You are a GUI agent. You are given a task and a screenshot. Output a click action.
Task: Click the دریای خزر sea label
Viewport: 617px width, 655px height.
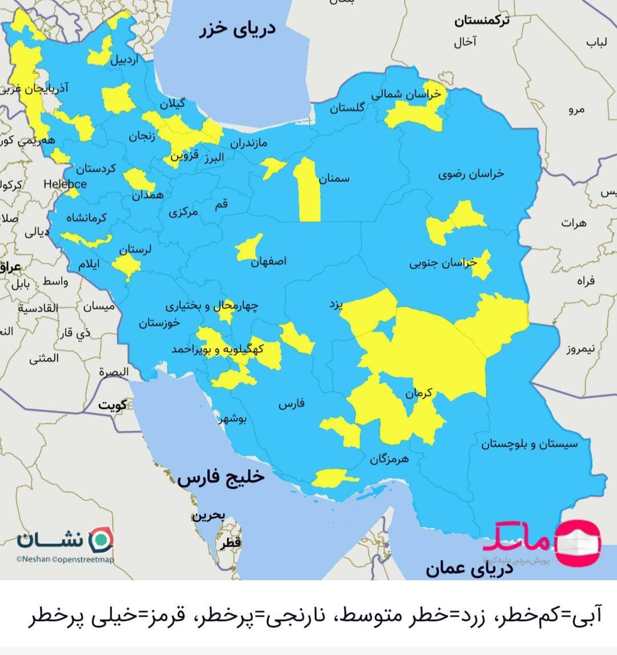(237, 29)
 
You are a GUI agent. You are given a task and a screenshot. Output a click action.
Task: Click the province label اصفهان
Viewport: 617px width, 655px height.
(269, 262)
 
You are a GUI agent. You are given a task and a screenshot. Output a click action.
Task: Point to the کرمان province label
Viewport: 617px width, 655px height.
(419, 393)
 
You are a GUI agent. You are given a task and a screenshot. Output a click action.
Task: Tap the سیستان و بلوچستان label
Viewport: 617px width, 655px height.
(529, 444)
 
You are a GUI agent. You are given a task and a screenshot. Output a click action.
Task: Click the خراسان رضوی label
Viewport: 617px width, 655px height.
(471, 174)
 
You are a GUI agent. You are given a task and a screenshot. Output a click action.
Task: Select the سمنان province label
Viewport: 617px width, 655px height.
(334, 179)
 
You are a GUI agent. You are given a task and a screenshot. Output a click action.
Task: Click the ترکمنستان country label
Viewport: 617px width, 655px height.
(482, 21)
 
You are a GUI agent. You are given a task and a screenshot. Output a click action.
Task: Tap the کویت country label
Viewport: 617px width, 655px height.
(112, 405)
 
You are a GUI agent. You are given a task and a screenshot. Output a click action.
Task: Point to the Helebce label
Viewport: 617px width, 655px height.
(65, 184)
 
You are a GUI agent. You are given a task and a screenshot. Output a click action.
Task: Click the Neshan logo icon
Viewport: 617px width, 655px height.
(103, 539)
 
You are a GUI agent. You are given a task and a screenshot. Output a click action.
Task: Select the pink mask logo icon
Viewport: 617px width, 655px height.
(579, 540)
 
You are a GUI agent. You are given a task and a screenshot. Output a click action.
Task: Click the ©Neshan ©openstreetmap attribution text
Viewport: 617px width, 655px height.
(65, 560)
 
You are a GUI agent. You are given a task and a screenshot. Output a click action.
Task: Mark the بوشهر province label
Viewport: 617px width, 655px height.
(232, 419)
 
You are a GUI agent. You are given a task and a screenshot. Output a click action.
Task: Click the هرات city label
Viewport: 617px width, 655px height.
(573, 223)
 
